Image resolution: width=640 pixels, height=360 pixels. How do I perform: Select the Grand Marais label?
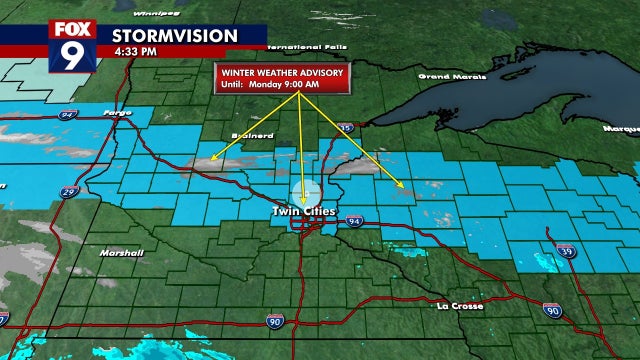[445, 76]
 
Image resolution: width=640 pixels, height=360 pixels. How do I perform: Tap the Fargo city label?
[117, 112]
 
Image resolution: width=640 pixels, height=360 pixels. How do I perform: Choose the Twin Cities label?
[304, 211]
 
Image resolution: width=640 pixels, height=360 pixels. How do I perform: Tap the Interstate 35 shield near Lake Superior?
[344, 128]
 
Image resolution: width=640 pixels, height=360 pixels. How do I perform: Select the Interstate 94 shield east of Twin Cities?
[355, 221]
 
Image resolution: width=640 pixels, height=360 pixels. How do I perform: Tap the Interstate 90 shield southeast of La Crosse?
[553, 312]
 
